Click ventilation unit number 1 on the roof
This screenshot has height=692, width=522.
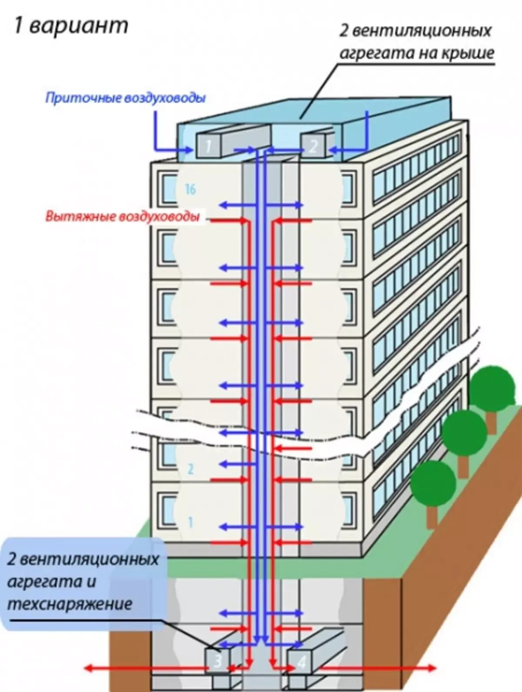tap(208, 145)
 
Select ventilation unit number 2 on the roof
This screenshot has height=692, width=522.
tap(313, 145)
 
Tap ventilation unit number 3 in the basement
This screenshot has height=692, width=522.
tap(218, 661)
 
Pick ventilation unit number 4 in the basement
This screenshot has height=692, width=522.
tap(301, 662)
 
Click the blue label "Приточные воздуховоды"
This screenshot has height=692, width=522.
tap(125, 98)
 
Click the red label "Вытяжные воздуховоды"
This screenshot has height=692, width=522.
tap(123, 216)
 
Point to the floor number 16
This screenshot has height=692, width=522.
tap(191, 189)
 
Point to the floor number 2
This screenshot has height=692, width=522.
tap(190, 469)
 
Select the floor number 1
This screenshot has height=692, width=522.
tap(190, 522)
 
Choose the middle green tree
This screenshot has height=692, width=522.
tap(464, 432)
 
